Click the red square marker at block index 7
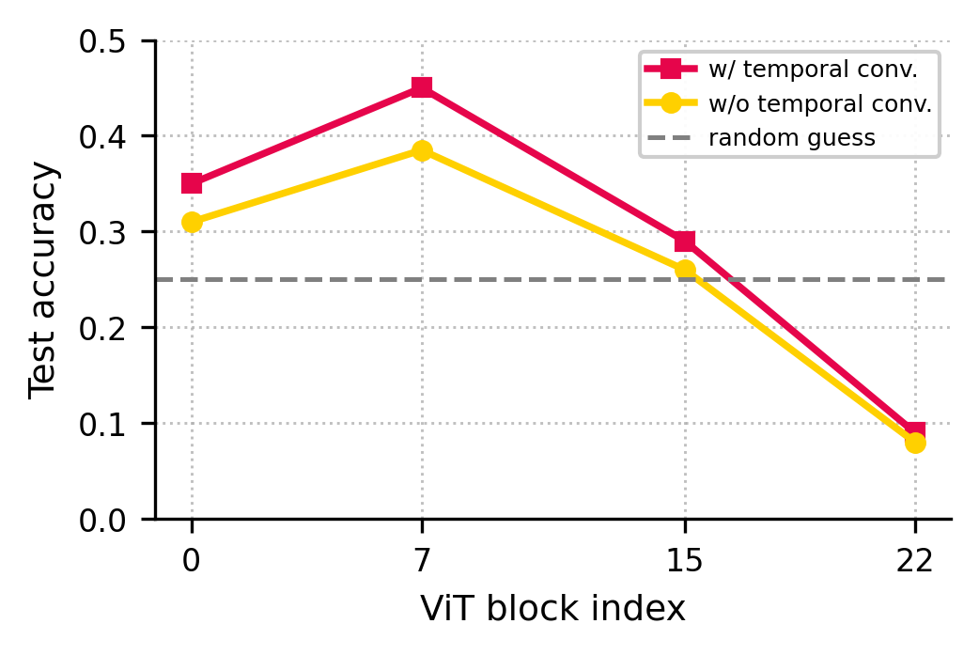point(422,87)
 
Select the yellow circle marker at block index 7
point(422,150)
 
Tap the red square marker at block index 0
point(192,183)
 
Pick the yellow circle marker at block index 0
point(192,222)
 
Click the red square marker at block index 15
point(685,242)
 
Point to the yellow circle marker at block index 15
point(685,270)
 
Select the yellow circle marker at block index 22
point(915,442)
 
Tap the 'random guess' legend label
point(791,139)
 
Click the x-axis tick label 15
point(685,561)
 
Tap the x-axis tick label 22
point(915,561)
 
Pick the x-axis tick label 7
point(422,561)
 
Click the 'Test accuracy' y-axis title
point(43,280)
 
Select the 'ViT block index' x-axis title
point(552,610)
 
